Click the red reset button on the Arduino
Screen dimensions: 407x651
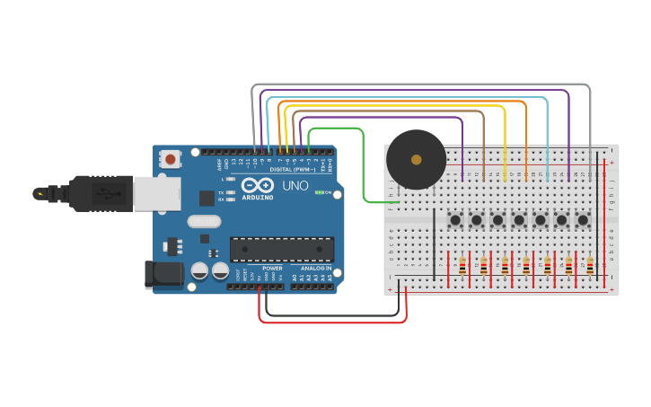(x=170, y=160)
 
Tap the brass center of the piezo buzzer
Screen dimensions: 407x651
(x=416, y=160)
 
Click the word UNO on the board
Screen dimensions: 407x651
(x=295, y=187)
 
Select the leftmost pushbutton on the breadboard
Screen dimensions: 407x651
(x=455, y=219)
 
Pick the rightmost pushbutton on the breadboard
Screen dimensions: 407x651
(x=583, y=219)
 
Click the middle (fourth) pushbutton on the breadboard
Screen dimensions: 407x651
(x=519, y=219)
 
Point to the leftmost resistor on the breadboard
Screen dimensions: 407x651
(x=462, y=265)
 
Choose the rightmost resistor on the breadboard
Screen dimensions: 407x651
(x=590, y=265)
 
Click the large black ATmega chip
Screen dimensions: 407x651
(x=281, y=250)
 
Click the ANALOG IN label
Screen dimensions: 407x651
(x=315, y=269)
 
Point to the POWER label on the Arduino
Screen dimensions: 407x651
(x=271, y=269)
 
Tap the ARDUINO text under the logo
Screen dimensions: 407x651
(x=258, y=197)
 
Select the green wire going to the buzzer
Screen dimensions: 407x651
(x=363, y=171)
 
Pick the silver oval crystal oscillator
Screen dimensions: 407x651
(x=204, y=221)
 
